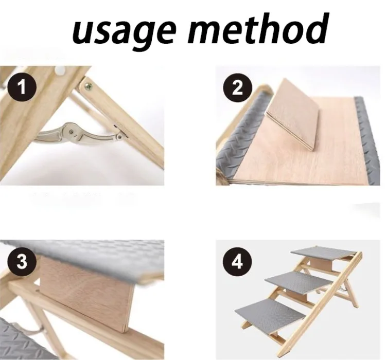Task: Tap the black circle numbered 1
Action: pyautogui.click(x=22, y=87)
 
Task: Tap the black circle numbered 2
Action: pyautogui.click(x=238, y=87)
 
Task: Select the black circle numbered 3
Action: pyautogui.click(x=22, y=262)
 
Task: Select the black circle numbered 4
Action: pyautogui.click(x=238, y=262)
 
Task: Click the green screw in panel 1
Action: pyautogui.click(x=88, y=86)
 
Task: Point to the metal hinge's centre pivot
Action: pyautogui.click(x=71, y=132)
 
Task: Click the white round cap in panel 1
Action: pyautogui.click(x=60, y=70)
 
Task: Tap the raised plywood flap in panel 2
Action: pyautogui.click(x=293, y=114)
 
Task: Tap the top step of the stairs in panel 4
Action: pyautogui.click(x=324, y=253)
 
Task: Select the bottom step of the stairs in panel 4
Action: pyautogui.click(x=270, y=315)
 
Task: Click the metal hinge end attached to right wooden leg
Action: pyautogui.click(x=120, y=137)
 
